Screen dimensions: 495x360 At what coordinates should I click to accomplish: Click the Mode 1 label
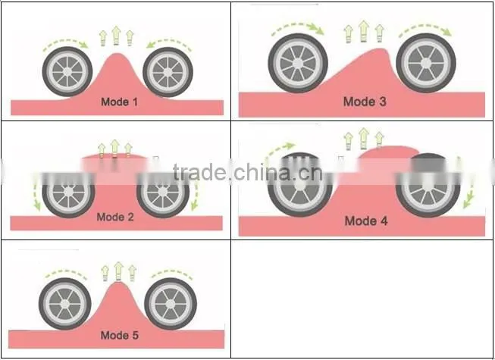pyautogui.click(x=119, y=102)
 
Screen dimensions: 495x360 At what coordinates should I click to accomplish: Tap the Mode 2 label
pyautogui.click(x=115, y=217)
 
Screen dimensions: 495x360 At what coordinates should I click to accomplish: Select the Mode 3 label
pyautogui.click(x=365, y=102)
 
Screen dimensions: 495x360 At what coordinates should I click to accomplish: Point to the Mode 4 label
pyautogui.click(x=366, y=221)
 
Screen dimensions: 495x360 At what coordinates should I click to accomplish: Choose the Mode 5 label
pyautogui.click(x=120, y=335)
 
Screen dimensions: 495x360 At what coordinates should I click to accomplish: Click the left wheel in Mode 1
pyautogui.click(x=67, y=72)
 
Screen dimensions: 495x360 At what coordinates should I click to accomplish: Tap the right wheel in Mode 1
pyautogui.click(x=168, y=72)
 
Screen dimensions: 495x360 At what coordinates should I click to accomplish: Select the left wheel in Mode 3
pyautogui.click(x=298, y=63)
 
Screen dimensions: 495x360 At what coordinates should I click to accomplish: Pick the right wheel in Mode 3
pyautogui.click(x=426, y=63)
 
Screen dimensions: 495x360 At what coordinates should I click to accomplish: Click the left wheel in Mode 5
pyautogui.click(x=65, y=304)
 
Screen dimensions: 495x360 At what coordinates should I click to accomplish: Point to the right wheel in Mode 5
pyautogui.click(x=171, y=304)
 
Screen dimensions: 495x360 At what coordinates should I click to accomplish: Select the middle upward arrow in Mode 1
pyautogui.click(x=116, y=36)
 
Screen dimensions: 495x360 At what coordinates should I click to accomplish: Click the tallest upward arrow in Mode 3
pyautogui.click(x=364, y=31)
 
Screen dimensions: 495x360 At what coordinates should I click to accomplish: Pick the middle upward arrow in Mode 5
pyautogui.click(x=119, y=271)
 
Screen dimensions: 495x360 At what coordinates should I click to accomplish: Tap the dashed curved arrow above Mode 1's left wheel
pyautogui.click(x=65, y=41)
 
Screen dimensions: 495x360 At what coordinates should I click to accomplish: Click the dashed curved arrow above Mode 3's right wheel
pyautogui.click(x=426, y=27)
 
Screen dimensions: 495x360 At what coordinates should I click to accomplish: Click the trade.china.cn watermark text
pyautogui.click(x=247, y=172)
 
